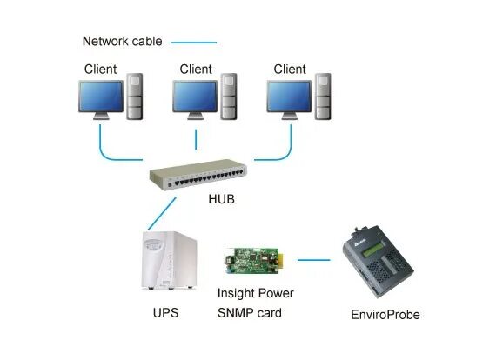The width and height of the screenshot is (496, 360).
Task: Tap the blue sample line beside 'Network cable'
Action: pyautogui.click(x=193, y=41)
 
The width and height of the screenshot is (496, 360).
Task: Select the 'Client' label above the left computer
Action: pyautogui.click(x=100, y=69)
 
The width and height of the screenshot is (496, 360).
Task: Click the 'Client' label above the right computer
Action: pyautogui.click(x=290, y=69)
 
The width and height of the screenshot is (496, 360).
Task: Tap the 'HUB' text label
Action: pyautogui.click(x=222, y=199)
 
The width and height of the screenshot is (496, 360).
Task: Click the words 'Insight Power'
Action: pyautogui.click(x=256, y=294)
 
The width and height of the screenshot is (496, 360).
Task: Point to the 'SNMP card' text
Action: pyautogui.click(x=249, y=312)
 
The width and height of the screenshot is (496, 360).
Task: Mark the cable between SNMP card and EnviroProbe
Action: pyautogui.click(x=318, y=259)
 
